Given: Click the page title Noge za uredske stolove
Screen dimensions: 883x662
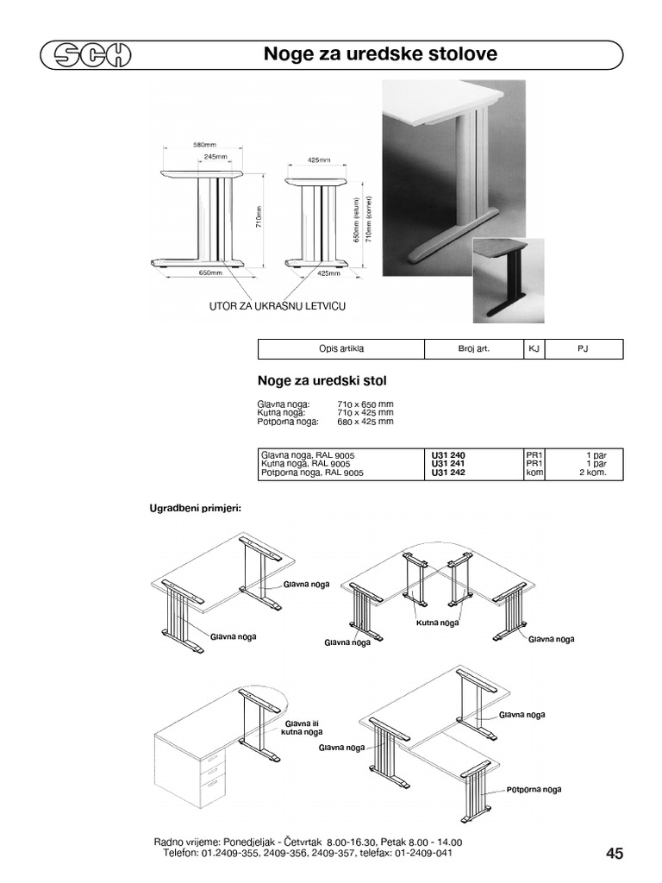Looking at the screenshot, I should (x=380, y=54).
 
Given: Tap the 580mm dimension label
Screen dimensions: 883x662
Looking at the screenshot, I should (x=203, y=144).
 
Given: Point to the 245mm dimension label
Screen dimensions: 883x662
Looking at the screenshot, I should (x=216, y=157).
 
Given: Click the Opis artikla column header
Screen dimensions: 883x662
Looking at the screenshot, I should (x=341, y=348).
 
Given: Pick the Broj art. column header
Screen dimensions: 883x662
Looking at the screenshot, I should (x=473, y=348).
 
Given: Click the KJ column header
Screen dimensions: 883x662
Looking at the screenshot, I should (x=533, y=348).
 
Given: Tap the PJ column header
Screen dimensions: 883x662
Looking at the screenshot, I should (x=583, y=348).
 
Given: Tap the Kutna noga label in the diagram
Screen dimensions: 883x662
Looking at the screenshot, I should (x=436, y=623).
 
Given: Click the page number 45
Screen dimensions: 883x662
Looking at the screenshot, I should (x=615, y=854).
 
